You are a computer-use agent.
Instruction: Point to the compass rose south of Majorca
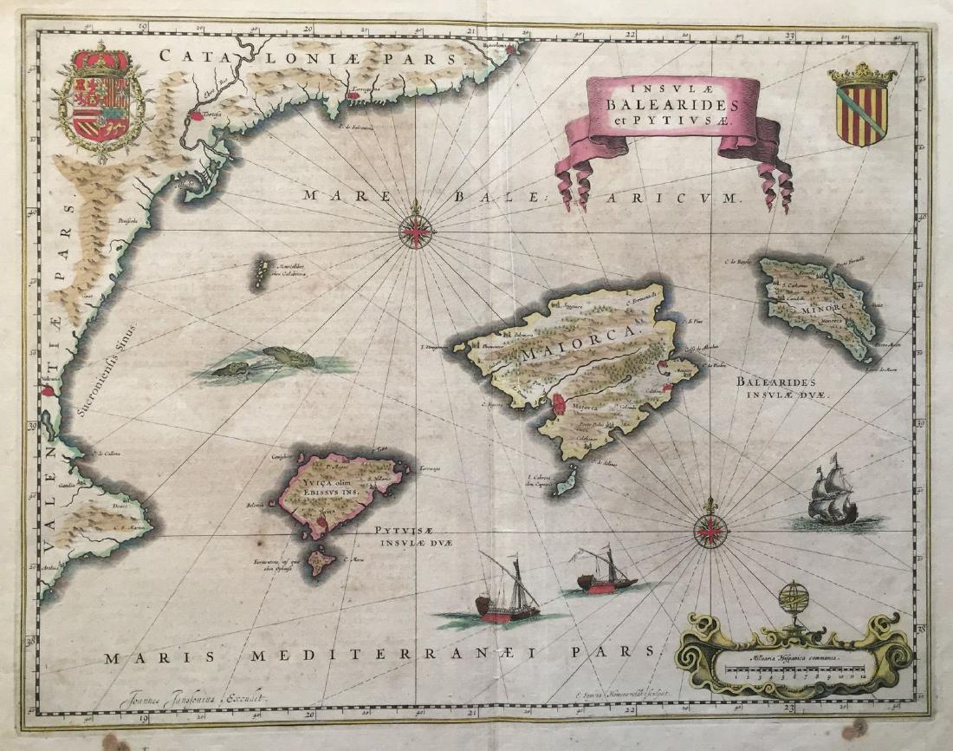[x=710, y=529]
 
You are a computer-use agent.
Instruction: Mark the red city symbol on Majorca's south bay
[x=559, y=403]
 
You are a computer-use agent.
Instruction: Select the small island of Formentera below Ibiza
[x=318, y=560]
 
